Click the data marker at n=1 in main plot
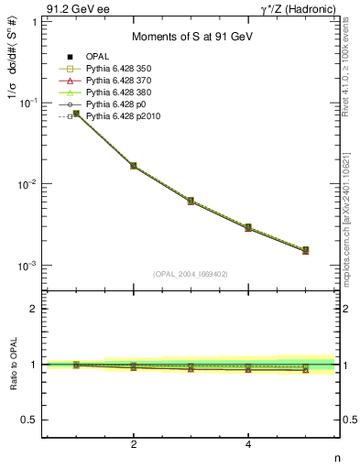[76, 114]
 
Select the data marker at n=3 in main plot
[191, 201]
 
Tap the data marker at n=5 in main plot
[305, 250]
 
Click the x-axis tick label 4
[248, 445]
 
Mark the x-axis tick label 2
[134, 445]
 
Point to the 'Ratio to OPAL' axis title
[12, 365]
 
